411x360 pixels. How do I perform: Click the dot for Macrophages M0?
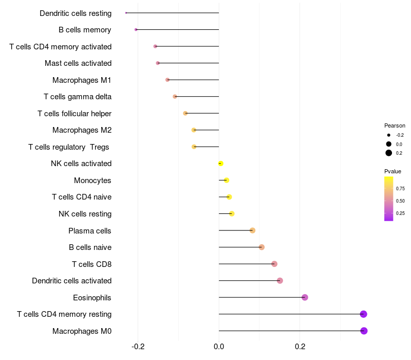(x=364, y=331)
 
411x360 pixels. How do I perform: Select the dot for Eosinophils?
(x=305, y=297)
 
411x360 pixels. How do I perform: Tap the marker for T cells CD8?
(x=274, y=264)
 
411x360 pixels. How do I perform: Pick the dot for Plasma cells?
(x=252, y=230)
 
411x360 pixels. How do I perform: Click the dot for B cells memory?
(x=136, y=30)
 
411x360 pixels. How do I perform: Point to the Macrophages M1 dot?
(x=167, y=80)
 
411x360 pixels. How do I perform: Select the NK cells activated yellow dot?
(x=220, y=164)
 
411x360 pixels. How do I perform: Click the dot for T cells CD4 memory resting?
(x=363, y=314)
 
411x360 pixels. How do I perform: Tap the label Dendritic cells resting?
(x=76, y=13)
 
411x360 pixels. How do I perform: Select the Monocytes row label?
(x=92, y=181)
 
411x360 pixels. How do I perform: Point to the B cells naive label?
(x=90, y=247)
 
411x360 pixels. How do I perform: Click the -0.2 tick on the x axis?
(x=138, y=347)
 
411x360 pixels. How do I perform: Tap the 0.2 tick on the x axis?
(x=300, y=347)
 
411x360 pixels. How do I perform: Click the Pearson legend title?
(x=395, y=125)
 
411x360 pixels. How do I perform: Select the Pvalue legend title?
(x=393, y=171)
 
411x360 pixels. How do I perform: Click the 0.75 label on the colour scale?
(x=400, y=188)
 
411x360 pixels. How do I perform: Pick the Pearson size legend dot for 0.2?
(x=389, y=153)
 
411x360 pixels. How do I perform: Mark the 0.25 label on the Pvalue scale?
(x=400, y=213)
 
